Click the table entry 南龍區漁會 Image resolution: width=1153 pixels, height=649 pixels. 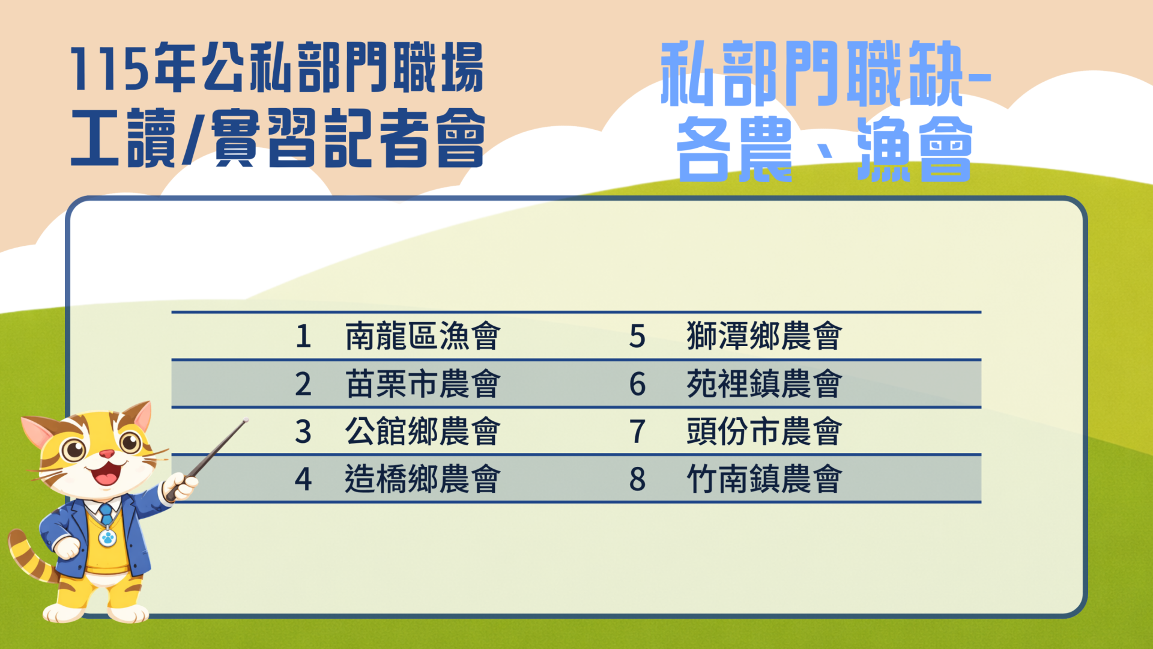coord(423,335)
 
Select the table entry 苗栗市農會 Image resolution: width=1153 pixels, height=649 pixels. coord(423,383)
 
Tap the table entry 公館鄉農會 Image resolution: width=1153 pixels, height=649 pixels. coord(423,431)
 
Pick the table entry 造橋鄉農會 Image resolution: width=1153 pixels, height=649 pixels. coord(423,479)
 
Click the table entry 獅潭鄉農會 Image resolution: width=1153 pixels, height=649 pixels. coord(764,335)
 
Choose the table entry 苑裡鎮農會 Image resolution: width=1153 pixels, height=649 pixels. coord(764,383)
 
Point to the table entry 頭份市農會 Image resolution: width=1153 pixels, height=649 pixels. coord(764,431)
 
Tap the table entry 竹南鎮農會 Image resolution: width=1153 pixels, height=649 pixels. coord(764,479)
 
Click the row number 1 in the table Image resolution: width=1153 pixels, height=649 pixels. coord(303,336)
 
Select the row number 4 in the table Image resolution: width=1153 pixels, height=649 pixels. coord(303,480)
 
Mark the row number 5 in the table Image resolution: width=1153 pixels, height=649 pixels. coord(637,336)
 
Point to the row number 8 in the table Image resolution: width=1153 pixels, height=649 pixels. coord(637,480)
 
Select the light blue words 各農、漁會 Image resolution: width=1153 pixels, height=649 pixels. coord(824,149)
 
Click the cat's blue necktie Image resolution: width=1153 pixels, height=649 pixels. coord(106,515)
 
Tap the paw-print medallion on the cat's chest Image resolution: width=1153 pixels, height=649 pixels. coord(107,537)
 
